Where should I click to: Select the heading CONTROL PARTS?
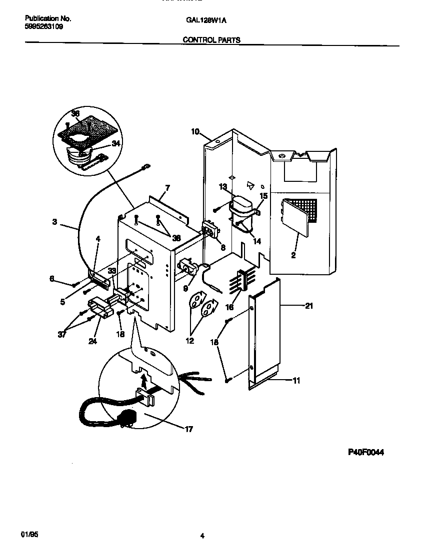(x=211, y=40)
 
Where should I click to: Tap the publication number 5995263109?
(x=44, y=27)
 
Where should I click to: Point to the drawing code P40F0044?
(x=366, y=452)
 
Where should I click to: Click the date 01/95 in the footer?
(x=29, y=534)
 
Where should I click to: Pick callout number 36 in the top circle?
(x=75, y=114)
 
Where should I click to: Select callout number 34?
(x=116, y=144)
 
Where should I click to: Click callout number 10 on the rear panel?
(x=195, y=132)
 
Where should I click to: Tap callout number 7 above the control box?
(x=168, y=188)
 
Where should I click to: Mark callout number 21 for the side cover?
(x=308, y=306)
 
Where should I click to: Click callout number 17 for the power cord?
(x=188, y=429)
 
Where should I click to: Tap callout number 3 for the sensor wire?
(x=54, y=222)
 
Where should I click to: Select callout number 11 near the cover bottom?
(x=296, y=380)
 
